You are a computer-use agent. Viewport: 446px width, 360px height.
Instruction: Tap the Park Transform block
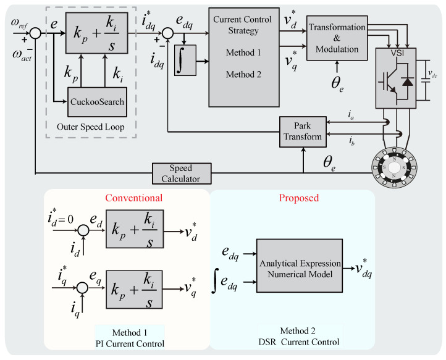303,132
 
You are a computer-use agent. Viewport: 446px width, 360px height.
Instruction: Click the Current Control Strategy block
243,57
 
